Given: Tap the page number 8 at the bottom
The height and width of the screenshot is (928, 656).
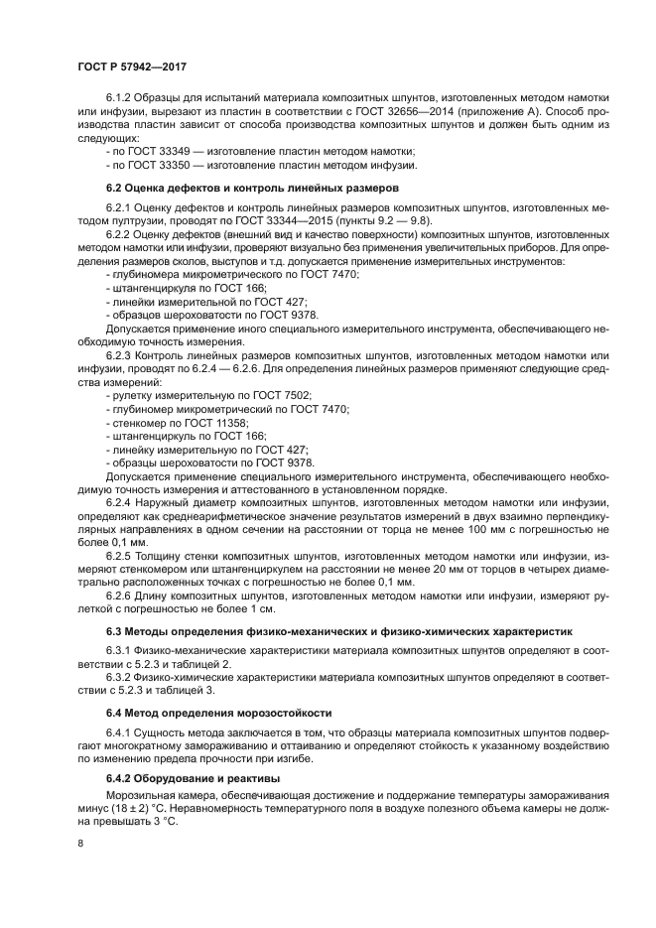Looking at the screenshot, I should click(80, 843).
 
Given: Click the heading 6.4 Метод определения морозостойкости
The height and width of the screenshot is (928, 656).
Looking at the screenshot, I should click(218, 712).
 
